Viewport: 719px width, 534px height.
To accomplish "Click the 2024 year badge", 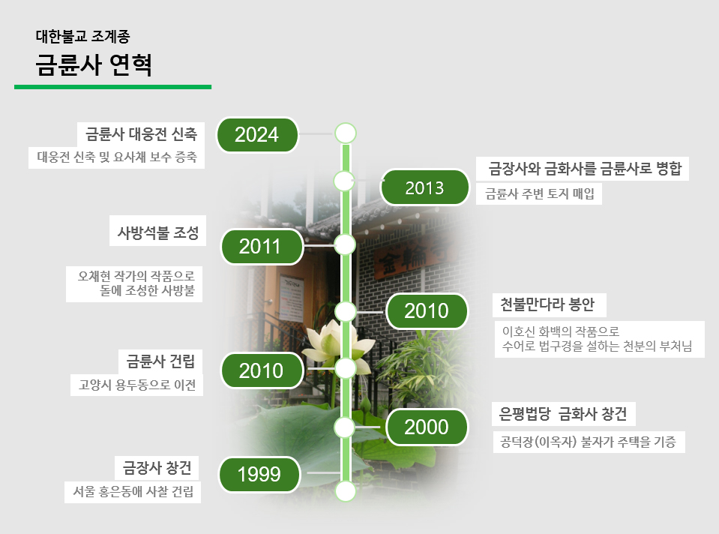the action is click(x=257, y=135).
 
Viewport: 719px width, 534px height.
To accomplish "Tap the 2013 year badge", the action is click(x=424, y=187).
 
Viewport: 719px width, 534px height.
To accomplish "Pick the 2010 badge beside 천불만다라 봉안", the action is click(x=427, y=311).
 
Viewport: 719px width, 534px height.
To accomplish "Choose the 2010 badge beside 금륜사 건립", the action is click(x=262, y=370).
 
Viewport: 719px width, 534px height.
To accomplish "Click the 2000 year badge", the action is click(x=427, y=427).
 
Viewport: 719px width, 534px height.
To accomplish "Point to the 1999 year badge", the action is click(x=259, y=474).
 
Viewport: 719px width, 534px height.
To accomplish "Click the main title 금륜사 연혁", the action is click(x=94, y=64).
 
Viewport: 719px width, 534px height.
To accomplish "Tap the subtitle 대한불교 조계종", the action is click(x=83, y=36).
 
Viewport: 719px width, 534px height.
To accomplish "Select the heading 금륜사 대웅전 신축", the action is click(x=141, y=134).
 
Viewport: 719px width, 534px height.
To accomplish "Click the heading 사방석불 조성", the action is click(x=157, y=232).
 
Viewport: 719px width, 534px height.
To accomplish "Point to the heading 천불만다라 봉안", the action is click(x=547, y=304).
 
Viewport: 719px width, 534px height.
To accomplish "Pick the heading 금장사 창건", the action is click(x=157, y=467).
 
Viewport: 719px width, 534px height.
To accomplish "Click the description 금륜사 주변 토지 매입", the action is click(x=540, y=193).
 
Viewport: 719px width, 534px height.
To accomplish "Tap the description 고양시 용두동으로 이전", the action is click(x=137, y=385).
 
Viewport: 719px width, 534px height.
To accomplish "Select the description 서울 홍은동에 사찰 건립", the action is click(x=133, y=491).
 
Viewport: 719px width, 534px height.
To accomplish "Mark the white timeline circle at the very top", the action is click(x=346, y=133).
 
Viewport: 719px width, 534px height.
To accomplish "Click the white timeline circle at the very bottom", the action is click(x=346, y=491).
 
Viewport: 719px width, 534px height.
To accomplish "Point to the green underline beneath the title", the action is click(x=112, y=87).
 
